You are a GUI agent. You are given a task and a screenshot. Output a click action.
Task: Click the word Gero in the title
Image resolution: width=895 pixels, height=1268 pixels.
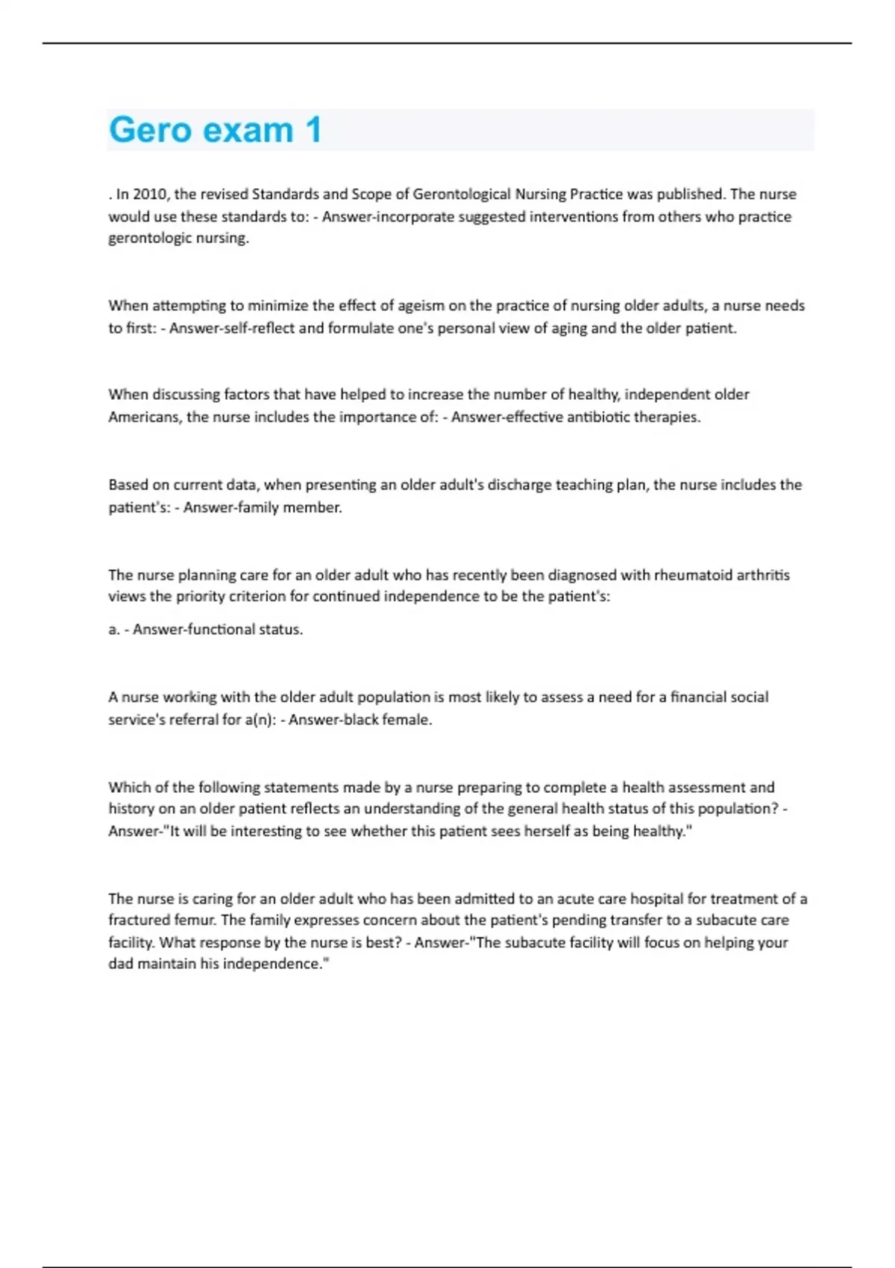pos(150,130)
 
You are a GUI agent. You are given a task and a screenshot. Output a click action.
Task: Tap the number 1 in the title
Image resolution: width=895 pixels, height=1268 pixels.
pos(313,130)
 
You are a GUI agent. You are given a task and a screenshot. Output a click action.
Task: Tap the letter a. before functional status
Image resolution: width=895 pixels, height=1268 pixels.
pos(113,630)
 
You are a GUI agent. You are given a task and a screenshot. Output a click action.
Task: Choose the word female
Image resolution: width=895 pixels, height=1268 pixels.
pos(408,720)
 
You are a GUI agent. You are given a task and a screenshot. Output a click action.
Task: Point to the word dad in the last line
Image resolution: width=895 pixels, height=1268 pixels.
pos(121,964)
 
